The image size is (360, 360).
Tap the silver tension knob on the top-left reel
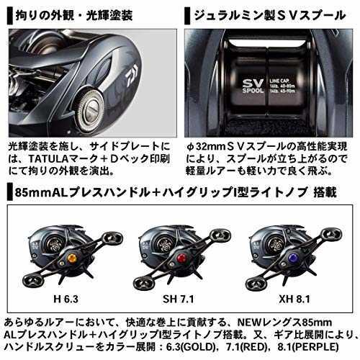click(90, 109)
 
